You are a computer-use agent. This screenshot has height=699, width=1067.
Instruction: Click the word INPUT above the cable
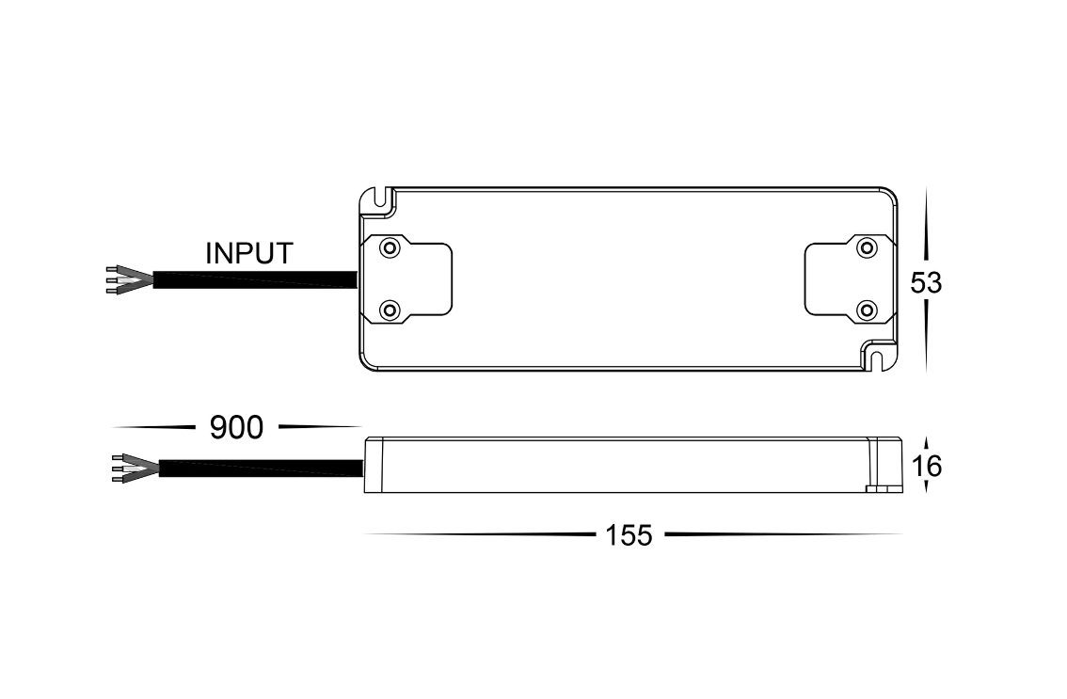pyautogui.click(x=249, y=253)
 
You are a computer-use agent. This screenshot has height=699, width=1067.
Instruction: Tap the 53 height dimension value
pyautogui.click(x=926, y=283)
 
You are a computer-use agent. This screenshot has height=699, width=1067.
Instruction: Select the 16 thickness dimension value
pyautogui.click(x=926, y=467)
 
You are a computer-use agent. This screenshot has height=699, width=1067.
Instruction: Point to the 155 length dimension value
pyautogui.click(x=629, y=535)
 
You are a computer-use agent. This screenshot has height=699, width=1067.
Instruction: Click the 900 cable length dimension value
pyautogui.click(x=236, y=428)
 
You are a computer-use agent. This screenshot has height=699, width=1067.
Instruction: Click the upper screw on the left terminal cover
pyautogui.click(x=390, y=247)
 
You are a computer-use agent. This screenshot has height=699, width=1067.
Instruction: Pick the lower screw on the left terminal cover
pyautogui.click(x=390, y=311)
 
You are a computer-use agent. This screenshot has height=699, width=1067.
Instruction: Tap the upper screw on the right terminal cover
pyautogui.click(x=867, y=247)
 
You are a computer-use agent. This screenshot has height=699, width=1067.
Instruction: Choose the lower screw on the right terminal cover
pyautogui.click(x=867, y=311)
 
